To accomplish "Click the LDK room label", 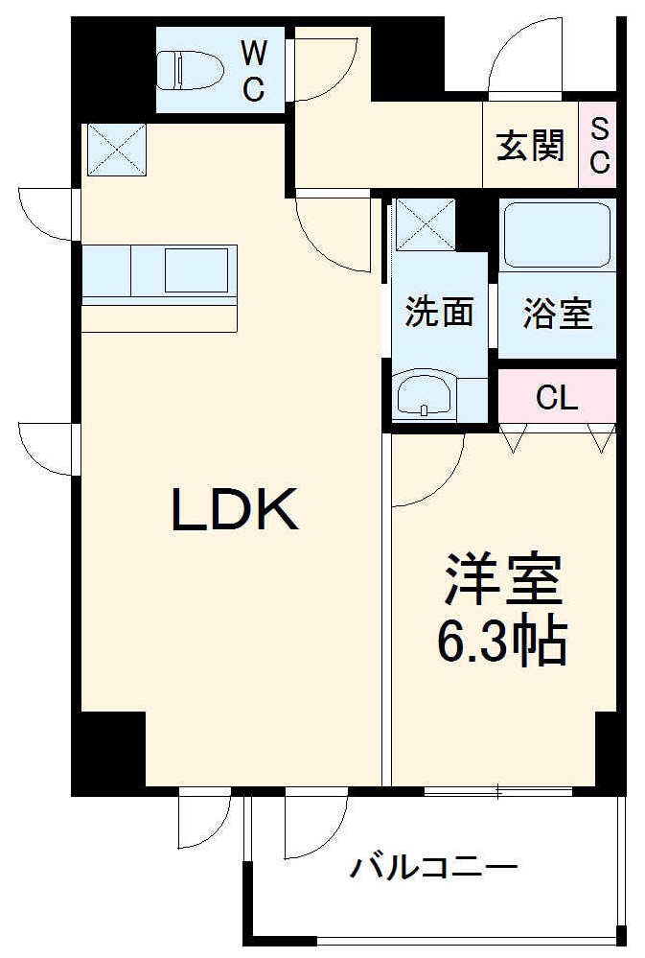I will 235,509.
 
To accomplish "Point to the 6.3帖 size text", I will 502,642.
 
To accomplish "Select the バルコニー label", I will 433,870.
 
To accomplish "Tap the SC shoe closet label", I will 599,145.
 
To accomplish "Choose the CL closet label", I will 557,397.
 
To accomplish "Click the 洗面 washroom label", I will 439,312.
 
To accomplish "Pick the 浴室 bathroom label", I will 557,313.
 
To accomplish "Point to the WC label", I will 253,70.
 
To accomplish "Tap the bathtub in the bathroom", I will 557,235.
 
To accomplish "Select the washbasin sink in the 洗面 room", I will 424,394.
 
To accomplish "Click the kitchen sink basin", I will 196,269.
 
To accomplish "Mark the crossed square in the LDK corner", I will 116,150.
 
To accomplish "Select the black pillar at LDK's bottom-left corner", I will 108,752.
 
